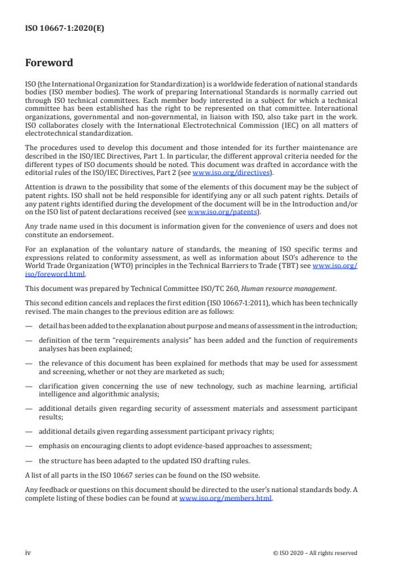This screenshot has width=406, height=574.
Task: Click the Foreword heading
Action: pos(48,64)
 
